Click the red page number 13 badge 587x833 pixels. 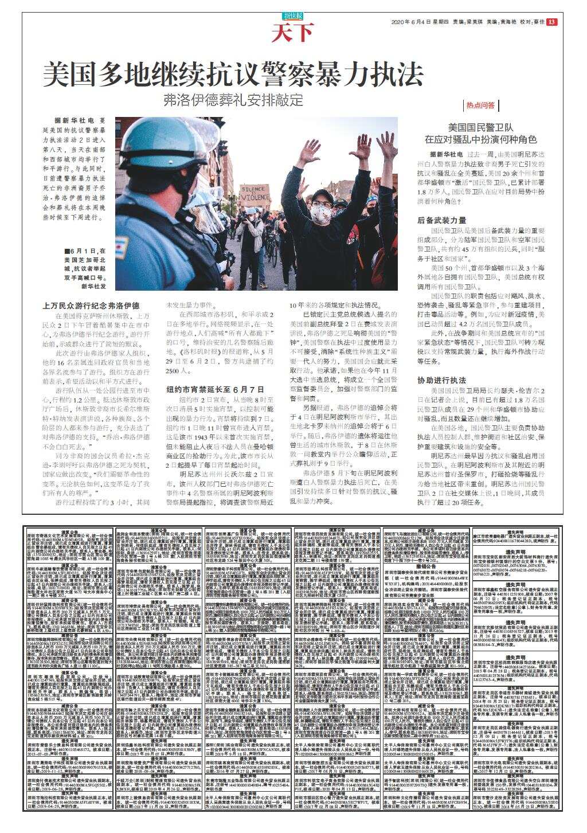click(551, 22)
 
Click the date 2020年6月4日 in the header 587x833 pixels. click(411, 22)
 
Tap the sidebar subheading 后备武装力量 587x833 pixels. click(441, 220)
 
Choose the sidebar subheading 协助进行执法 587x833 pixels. click(441, 380)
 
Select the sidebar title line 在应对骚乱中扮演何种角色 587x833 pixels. click(480, 139)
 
